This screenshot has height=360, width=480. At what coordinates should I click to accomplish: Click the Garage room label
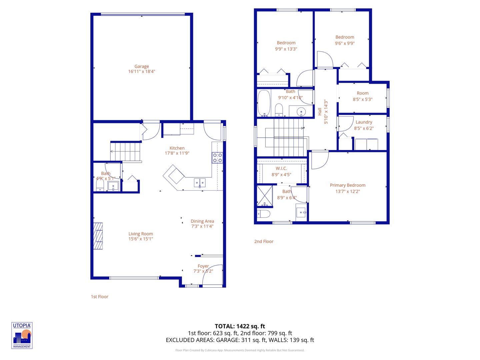tap(142, 66)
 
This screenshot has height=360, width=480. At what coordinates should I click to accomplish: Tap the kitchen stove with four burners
tap(217, 158)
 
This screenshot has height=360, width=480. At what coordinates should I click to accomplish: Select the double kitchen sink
tap(200, 183)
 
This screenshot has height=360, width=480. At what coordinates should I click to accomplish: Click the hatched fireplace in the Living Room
tap(98, 236)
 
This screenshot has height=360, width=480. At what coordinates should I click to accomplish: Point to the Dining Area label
tap(202, 221)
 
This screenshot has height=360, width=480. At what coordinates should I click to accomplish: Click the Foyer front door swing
tap(213, 275)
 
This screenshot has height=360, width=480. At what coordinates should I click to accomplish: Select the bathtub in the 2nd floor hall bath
tap(264, 103)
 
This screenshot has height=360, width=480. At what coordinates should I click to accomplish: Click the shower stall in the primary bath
tap(264, 196)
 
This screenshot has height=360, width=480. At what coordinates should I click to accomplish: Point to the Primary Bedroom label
tap(348, 185)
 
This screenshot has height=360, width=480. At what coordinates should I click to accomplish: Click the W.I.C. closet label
tap(281, 168)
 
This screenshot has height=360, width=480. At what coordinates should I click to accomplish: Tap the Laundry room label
tap(364, 122)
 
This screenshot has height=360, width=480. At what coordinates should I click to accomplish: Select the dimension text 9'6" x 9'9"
tap(345, 43)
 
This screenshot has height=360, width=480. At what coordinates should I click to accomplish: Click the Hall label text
tap(320, 111)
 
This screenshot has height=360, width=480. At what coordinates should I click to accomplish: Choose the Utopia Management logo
tap(22, 335)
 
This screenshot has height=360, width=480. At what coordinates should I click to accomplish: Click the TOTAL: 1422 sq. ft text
tap(240, 326)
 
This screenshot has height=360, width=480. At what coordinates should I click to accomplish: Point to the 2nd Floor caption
tap(264, 241)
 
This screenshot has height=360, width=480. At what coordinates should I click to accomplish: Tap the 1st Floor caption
tap(100, 296)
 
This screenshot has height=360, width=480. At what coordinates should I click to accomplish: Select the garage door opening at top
tap(143, 14)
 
